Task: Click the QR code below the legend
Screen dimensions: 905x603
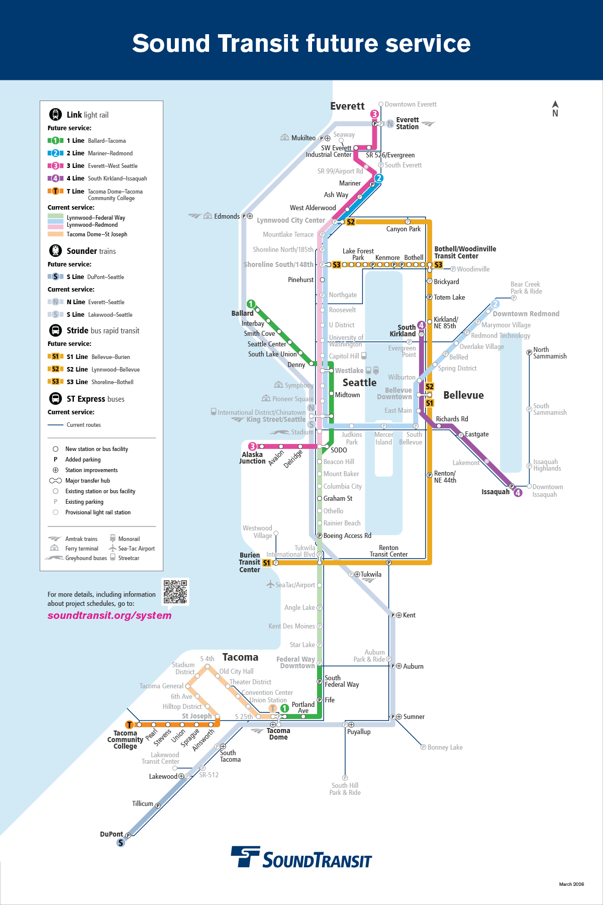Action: [x=175, y=592]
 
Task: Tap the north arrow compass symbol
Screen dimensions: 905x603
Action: [x=555, y=109]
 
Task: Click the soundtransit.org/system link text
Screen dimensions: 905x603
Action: [x=110, y=615]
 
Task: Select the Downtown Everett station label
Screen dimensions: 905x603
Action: [x=410, y=105]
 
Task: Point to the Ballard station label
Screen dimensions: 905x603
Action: [x=242, y=313]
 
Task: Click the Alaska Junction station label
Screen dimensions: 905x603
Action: [x=252, y=458]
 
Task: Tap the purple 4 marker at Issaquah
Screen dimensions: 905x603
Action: [x=518, y=493]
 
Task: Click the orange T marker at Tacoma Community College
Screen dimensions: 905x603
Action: [x=130, y=725]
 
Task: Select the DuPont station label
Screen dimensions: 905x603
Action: [x=111, y=834]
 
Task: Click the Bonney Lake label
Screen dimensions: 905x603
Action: [x=445, y=748]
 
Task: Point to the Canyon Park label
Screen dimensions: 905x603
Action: [x=403, y=229]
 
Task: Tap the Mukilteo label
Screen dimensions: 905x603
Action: [x=303, y=138]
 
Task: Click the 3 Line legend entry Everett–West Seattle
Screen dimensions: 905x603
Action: [x=102, y=166]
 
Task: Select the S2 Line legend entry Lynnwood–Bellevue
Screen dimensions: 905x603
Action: [x=103, y=370]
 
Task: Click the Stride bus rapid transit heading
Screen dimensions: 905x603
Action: [x=103, y=330]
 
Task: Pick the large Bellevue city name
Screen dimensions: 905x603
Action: [x=463, y=395]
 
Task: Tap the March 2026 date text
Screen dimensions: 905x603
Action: [x=571, y=884]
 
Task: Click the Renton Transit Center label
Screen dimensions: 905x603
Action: [x=388, y=551]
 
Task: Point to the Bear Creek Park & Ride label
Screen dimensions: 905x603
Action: [x=526, y=288]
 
